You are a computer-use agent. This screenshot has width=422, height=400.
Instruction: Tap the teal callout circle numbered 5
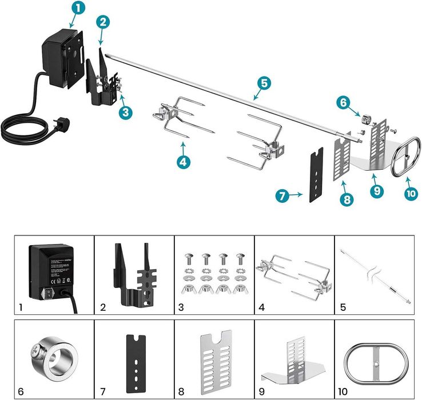coord(262,83)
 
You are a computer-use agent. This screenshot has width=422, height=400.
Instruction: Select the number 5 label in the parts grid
coord(342,307)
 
